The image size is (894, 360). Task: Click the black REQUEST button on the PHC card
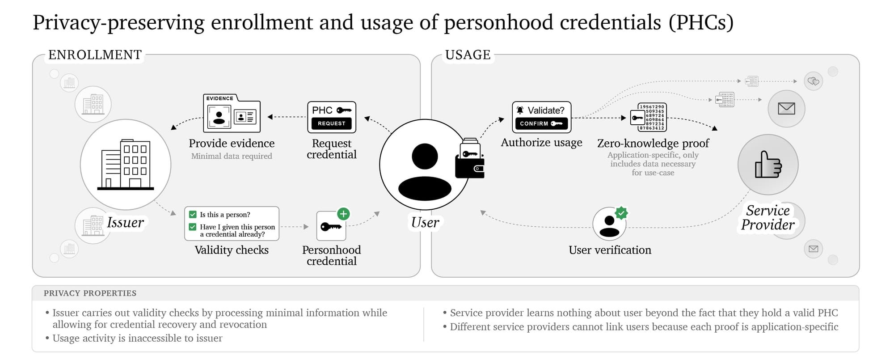click(x=331, y=123)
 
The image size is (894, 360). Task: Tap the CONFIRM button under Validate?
click(x=541, y=123)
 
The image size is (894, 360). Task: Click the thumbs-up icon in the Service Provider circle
click(x=768, y=165)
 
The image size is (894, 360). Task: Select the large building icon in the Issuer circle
click(x=126, y=164)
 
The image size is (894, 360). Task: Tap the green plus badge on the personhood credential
click(x=343, y=214)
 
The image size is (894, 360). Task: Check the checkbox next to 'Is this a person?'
click(x=193, y=215)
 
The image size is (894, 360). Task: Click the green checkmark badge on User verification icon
click(x=621, y=213)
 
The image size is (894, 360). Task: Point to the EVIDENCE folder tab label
click(x=219, y=98)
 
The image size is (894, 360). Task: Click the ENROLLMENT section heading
click(x=95, y=55)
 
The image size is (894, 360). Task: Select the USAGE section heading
click(x=468, y=55)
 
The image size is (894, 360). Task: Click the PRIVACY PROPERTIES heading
click(x=90, y=293)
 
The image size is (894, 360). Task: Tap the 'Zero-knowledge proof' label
click(x=653, y=144)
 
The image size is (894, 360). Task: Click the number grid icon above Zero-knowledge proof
click(x=649, y=117)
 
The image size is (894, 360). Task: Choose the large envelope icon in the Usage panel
click(x=786, y=109)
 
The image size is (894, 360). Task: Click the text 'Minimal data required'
click(x=232, y=156)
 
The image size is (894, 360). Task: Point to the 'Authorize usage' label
click(x=541, y=143)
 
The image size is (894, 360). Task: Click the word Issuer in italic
click(x=125, y=222)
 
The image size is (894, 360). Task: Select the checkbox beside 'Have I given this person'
click(x=193, y=227)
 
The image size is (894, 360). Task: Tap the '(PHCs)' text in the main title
click(x=701, y=22)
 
